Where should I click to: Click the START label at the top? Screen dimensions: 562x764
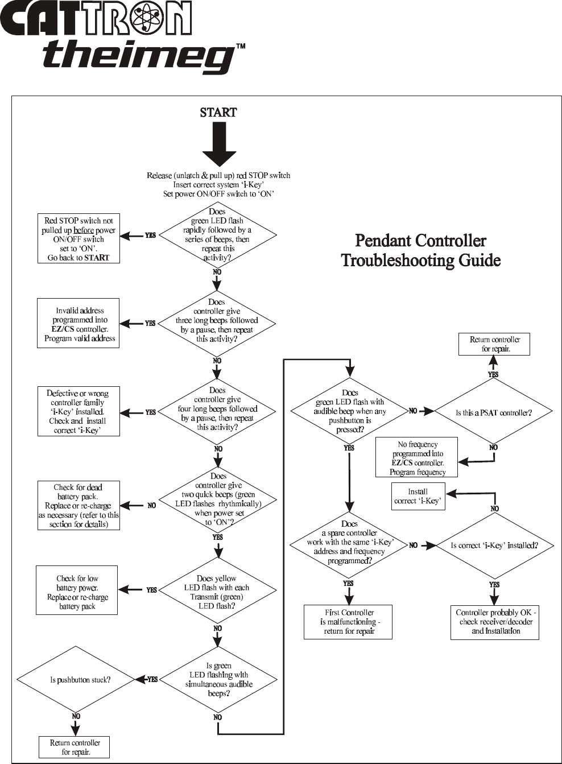click(x=218, y=113)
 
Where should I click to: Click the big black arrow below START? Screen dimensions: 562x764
click(x=219, y=144)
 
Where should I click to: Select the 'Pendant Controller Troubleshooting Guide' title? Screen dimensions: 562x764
click(x=421, y=251)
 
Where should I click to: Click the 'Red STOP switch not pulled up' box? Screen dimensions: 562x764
click(x=78, y=238)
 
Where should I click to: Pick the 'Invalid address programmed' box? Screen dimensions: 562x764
click(x=78, y=323)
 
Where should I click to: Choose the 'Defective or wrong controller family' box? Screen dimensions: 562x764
click(x=78, y=411)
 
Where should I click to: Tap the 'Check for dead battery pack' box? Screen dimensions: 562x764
click(x=78, y=506)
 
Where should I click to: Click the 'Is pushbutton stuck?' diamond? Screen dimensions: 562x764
click(x=76, y=680)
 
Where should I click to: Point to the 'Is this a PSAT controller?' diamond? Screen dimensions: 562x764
click(x=493, y=412)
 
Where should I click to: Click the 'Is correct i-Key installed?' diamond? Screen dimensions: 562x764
click(x=494, y=546)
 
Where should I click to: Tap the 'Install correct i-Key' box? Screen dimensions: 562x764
click(x=418, y=496)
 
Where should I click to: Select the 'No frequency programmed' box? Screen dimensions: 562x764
click(x=416, y=457)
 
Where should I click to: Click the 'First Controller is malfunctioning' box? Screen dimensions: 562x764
click(x=348, y=622)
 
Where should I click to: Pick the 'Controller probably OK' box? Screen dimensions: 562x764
click(x=495, y=622)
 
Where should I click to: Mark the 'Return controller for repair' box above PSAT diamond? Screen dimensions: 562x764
click(x=494, y=344)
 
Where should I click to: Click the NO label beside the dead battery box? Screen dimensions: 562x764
click(x=152, y=506)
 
